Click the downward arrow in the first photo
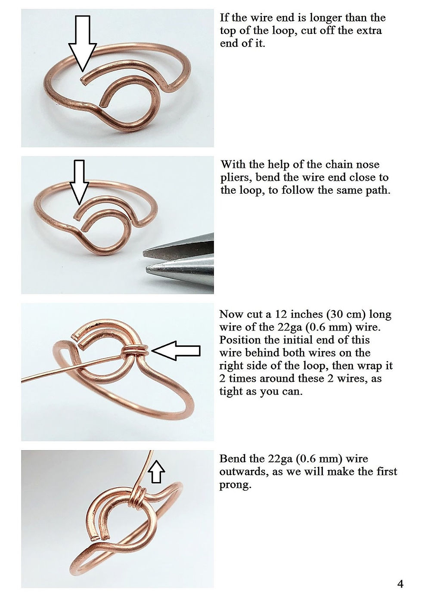[x=82, y=43]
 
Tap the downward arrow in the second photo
[x=79, y=183]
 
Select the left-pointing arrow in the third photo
[x=176, y=351]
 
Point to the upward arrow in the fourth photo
[x=158, y=471]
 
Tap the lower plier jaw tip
[x=147, y=270]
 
